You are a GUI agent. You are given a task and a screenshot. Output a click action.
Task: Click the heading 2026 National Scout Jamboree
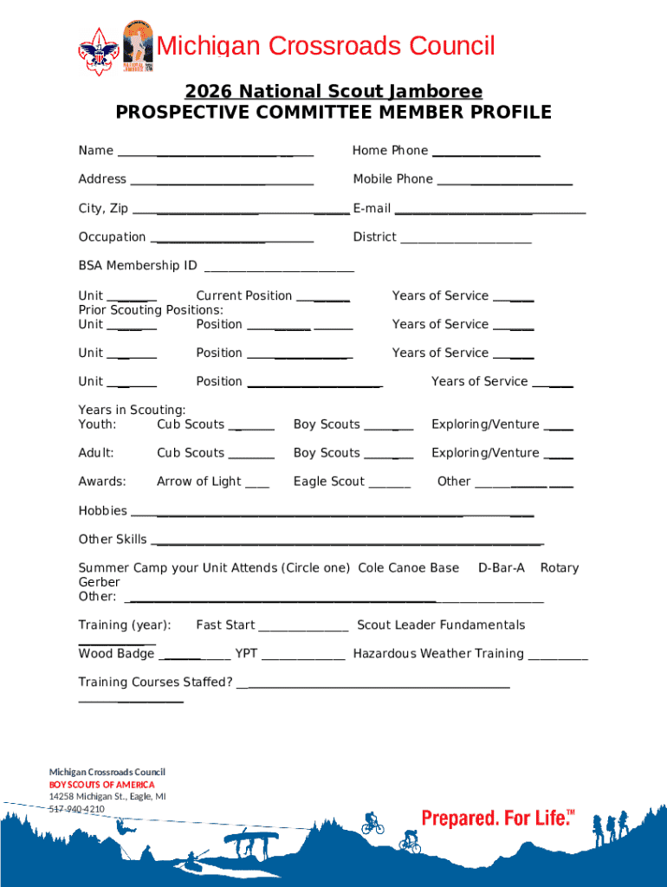click(333, 91)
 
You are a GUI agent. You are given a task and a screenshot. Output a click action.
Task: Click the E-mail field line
click(489, 212)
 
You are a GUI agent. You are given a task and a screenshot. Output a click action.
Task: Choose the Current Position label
click(244, 295)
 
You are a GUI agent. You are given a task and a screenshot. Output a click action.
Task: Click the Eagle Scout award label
click(329, 482)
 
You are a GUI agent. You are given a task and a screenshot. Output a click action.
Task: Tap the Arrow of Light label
click(199, 482)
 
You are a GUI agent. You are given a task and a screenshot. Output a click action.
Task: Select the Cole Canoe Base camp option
click(408, 568)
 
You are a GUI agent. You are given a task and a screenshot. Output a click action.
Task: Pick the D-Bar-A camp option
click(502, 568)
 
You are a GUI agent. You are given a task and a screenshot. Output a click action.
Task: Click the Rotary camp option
click(559, 568)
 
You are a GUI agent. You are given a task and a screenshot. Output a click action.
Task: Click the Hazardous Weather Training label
click(438, 654)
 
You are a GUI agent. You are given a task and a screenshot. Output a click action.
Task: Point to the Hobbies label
click(102, 511)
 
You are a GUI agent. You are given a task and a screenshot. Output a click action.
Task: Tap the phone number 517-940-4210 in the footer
click(76, 809)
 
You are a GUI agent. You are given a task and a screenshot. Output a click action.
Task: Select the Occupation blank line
click(231, 242)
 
